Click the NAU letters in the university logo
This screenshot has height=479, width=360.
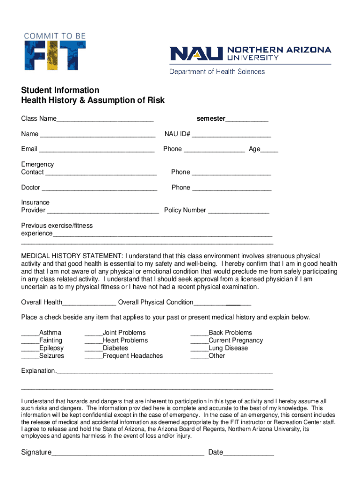click(x=196, y=53)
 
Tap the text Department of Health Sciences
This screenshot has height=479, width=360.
click(x=217, y=72)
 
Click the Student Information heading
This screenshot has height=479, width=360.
click(x=60, y=90)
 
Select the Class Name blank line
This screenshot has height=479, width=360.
click(x=105, y=120)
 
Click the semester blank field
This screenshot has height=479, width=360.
click(x=247, y=120)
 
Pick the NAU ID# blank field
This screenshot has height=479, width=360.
click(x=231, y=135)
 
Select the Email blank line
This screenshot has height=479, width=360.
click(x=97, y=150)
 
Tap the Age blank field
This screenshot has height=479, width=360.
click(x=269, y=150)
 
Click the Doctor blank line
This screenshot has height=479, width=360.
click(x=99, y=189)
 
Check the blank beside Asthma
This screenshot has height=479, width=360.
click(x=30, y=334)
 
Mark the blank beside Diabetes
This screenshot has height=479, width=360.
click(x=94, y=349)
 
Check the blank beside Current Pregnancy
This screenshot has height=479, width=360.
click(x=199, y=341)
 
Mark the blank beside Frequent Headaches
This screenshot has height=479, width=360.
click(x=94, y=357)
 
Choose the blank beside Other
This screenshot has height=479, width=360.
click(x=199, y=357)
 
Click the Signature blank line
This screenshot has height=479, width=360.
click(x=128, y=454)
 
